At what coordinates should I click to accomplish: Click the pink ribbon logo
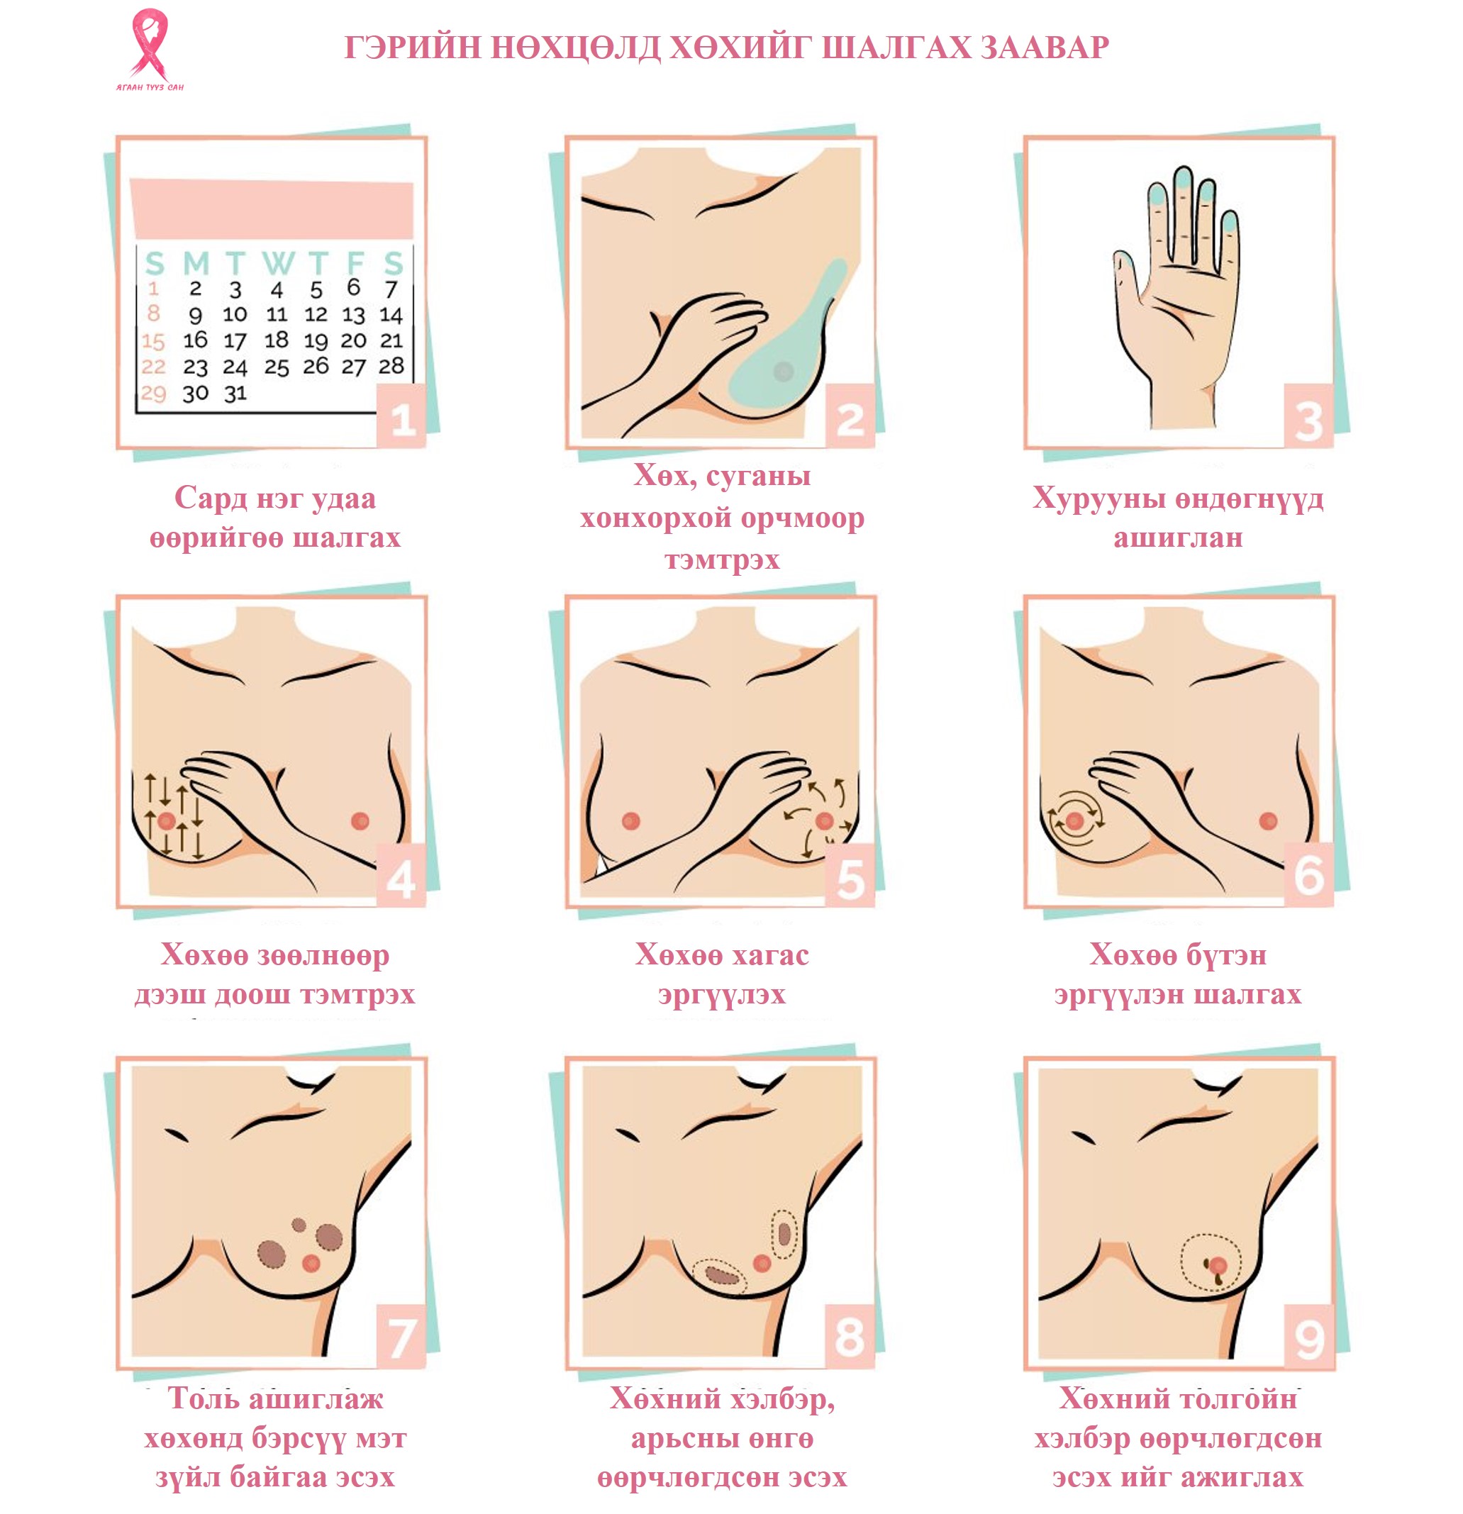coord(149,44)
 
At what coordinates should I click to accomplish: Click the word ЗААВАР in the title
coord(1045,49)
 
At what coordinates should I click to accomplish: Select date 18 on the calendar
coord(276,340)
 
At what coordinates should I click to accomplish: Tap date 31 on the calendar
coord(235,393)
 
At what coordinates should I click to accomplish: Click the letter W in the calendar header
coord(277,263)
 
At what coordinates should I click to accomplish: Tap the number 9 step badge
coord(1308,1337)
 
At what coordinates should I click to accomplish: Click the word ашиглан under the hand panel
coord(1178,538)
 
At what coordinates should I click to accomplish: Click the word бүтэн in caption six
coord(1223,955)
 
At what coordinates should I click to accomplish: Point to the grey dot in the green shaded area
coord(783,372)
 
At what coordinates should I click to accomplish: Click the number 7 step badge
coord(401,1337)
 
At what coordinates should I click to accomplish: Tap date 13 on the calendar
coord(353,314)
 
